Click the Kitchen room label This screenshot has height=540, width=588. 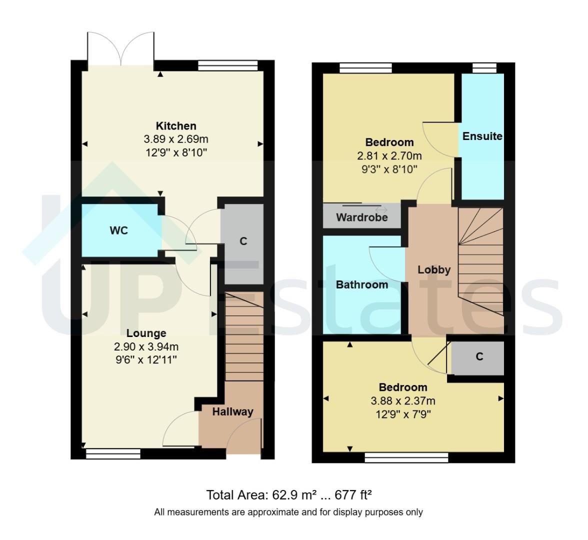click(x=176, y=126)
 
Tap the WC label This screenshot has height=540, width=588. click(x=119, y=230)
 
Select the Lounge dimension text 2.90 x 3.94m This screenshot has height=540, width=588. click(x=146, y=346)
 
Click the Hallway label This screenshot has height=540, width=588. click(x=232, y=412)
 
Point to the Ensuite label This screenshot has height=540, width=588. click(x=482, y=136)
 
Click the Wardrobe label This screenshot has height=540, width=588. click(x=361, y=217)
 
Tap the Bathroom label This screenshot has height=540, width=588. click(x=361, y=285)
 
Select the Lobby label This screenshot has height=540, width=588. click(x=434, y=270)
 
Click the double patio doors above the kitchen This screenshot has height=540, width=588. click(x=120, y=49)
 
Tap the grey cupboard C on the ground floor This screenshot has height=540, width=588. click(x=243, y=242)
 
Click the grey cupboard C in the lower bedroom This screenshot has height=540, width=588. click(x=478, y=357)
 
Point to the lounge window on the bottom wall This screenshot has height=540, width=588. click(x=113, y=454)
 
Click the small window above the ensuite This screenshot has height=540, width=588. click(x=484, y=68)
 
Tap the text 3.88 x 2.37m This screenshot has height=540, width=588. click(x=402, y=401)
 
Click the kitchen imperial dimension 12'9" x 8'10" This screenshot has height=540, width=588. click(x=176, y=152)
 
